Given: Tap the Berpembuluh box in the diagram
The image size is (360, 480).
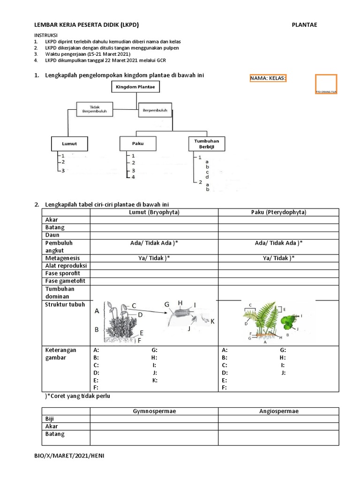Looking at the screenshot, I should [x=155, y=110].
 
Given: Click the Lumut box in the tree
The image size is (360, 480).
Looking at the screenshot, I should [x=69, y=143].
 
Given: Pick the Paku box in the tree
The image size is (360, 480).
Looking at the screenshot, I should [x=138, y=143].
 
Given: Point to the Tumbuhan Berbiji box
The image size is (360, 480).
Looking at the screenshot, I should [x=206, y=143].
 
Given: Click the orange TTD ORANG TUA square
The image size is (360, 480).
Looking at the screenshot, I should [x=326, y=84].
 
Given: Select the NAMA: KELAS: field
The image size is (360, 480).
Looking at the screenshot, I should [x=268, y=78].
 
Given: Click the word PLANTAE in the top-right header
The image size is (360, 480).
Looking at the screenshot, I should [x=304, y=25].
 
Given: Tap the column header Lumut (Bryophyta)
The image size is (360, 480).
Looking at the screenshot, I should [x=154, y=212].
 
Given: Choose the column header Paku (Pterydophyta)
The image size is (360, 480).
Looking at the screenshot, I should [x=278, y=212].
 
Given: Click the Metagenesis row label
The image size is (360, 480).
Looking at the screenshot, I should [x=62, y=258].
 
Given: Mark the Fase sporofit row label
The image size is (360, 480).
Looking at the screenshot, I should [x=63, y=273].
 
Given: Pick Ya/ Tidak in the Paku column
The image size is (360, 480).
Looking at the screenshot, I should [x=278, y=258].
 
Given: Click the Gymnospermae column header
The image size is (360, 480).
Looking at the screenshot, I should [x=154, y=411].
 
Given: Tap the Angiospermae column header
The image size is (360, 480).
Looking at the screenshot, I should [x=278, y=411].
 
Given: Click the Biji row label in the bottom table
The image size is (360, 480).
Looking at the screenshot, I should [x=50, y=419].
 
